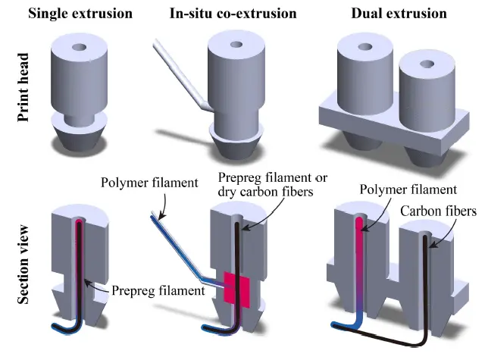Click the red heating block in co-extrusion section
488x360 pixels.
point(237,289)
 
